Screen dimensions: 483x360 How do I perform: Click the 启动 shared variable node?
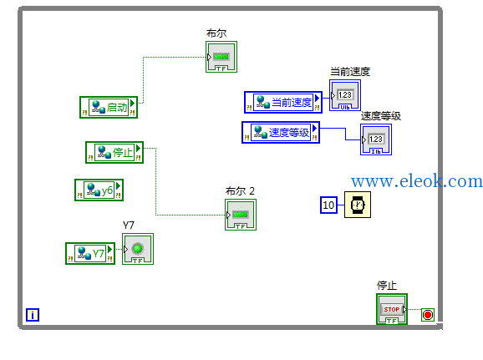[x=109, y=107]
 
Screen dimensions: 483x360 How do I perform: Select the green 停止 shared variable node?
[x=114, y=152]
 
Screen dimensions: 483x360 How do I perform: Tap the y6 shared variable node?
[x=99, y=190]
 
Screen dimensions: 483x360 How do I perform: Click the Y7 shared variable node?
[x=90, y=253]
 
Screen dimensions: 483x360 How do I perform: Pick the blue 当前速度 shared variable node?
[x=283, y=102]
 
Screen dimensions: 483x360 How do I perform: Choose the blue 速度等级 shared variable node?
[x=281, y=133]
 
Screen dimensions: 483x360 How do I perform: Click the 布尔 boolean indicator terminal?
[x=221, y=57]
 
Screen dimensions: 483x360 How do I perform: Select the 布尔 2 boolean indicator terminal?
[x=241, y=215]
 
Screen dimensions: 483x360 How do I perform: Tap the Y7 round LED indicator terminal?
[x=138, y=249]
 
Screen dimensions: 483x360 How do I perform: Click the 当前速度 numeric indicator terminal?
[x=345, y=95]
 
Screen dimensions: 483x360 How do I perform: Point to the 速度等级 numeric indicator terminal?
[x=376, y=139]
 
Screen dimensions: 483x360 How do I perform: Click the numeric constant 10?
[x=328, y=205]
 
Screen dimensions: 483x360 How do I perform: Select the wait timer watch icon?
[x=358, y=205]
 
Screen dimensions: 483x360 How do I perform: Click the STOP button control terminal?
[x=392, y=309]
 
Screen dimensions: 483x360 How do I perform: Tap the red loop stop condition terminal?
[x=428, y=315]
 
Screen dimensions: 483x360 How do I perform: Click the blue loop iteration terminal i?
[x=33, y=315]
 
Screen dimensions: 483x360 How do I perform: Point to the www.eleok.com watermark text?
[x=417, y=181]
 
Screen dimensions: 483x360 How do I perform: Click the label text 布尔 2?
[x=240, y=191]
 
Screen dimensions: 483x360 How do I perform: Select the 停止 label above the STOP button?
[x=387, y=285]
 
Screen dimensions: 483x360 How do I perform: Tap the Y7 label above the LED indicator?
[x=129, y=226]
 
